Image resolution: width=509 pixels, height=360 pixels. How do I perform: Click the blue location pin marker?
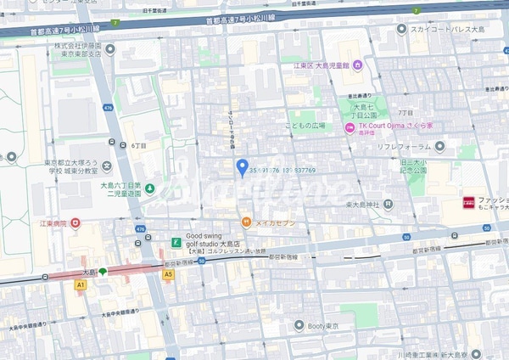pos(242,166)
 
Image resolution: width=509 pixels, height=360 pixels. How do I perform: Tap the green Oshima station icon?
pos(102,272)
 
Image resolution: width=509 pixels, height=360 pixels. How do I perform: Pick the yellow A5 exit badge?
pos(168,274)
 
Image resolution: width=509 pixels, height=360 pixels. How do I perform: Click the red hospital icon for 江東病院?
pos(76,223)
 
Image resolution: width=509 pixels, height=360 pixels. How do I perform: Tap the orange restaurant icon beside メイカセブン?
pos(246,222)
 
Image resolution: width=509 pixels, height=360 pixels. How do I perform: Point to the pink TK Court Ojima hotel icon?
pos(349,127)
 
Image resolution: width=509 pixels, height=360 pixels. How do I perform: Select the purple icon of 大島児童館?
pos(357,65)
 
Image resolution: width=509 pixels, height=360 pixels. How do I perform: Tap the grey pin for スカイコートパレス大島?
pos(401,29)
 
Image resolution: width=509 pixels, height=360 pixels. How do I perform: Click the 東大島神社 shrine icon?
pos(388,204)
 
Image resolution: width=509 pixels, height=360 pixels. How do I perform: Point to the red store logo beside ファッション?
pos(467,203)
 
